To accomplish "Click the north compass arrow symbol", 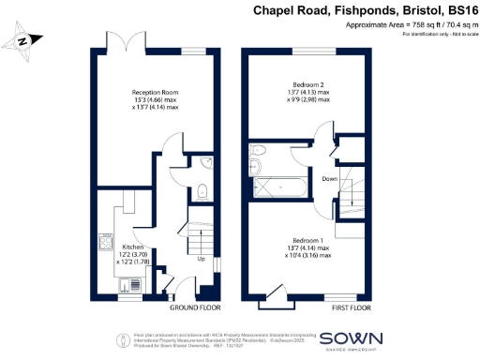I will [24, 40].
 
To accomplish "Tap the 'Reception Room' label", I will [155, 93].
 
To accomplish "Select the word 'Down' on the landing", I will [330, 177].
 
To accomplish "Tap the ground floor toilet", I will [203, 193].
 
